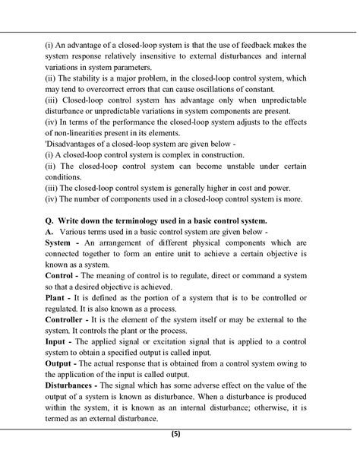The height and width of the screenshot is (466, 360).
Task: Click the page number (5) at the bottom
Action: [x=176, y=435]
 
